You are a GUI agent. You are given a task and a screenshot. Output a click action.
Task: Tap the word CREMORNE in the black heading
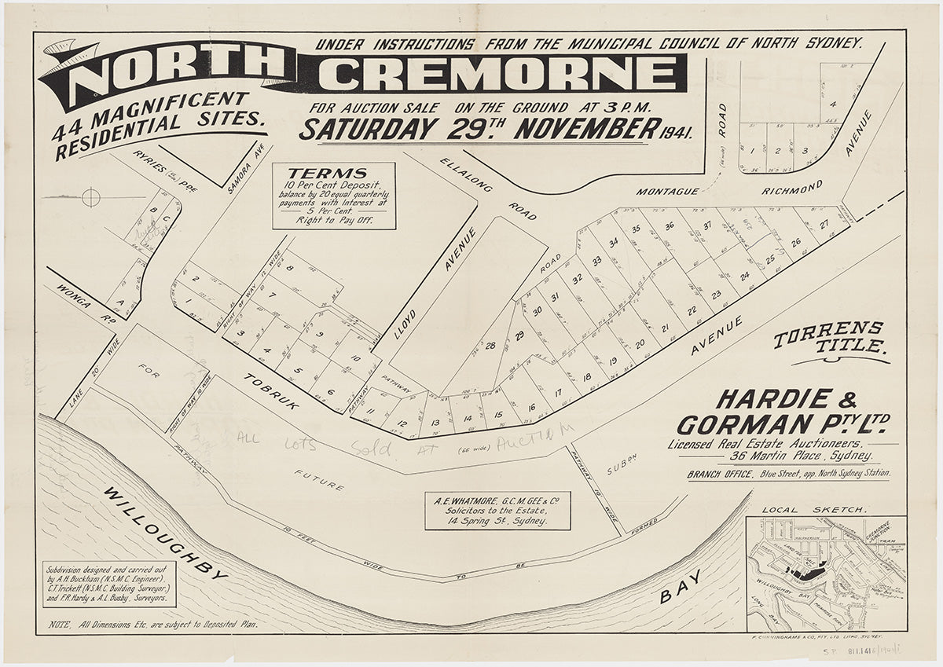tap(503, 74)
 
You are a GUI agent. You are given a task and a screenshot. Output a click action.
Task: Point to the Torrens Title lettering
tap(829, 337)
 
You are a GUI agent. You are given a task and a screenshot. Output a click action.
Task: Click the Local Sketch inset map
tap(826, 573)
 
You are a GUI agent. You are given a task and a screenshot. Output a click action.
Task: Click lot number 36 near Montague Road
tap(670, 225)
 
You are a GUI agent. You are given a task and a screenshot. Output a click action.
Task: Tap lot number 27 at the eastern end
tap(823, 225)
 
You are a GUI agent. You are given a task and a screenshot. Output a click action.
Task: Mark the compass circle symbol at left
tap(91, 196)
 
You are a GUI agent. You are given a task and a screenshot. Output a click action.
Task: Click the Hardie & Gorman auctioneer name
tap(782, 413)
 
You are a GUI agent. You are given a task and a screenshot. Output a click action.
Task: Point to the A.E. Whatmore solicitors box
tap(497, 510)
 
